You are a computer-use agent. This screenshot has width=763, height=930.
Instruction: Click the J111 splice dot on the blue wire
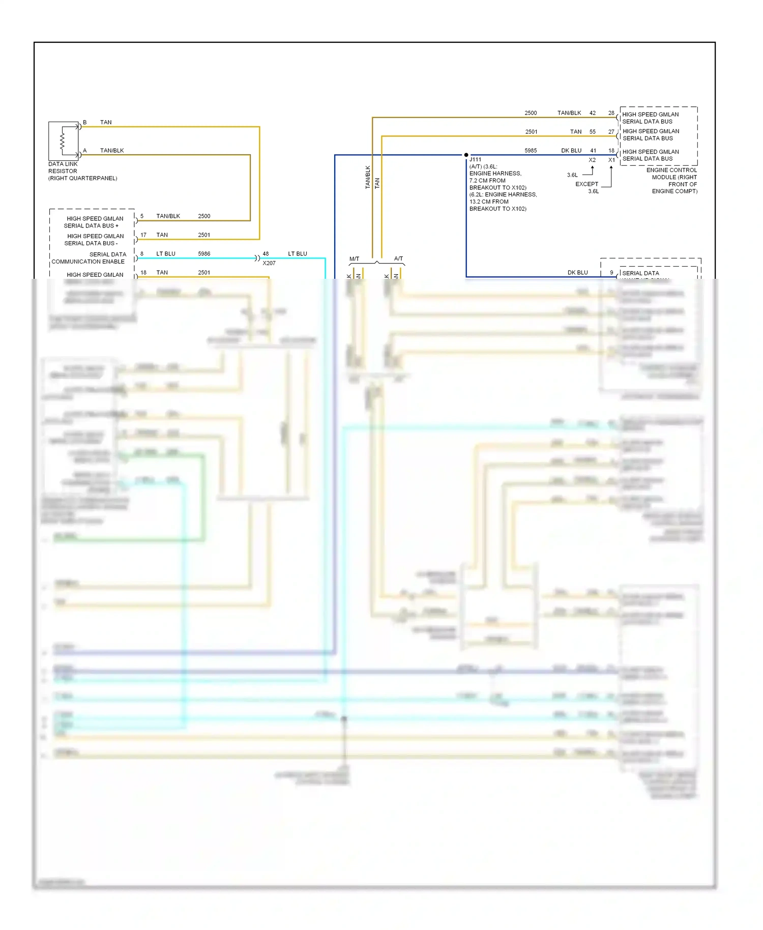[x=466, y=155]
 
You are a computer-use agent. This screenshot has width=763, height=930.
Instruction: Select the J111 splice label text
[x=475, y=160]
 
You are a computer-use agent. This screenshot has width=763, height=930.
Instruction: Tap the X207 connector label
[x=269, y=263]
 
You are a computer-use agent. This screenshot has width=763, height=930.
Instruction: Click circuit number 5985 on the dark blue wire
[x=531, y=151]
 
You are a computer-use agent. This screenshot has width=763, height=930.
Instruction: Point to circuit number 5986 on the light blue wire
[x=204, y=254]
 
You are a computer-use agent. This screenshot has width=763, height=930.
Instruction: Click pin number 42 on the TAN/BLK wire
[x=593, y=113]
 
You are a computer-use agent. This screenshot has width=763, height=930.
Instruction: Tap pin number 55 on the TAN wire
[x=593, y=132]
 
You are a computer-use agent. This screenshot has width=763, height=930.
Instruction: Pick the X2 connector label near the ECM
[x=592, y=160]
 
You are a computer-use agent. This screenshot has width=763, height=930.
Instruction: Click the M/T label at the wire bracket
[x=354, y=259]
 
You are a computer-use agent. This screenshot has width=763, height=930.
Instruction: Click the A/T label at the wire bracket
[x=398, y=259]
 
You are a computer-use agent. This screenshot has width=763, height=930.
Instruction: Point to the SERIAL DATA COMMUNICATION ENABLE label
[x=89, y=258]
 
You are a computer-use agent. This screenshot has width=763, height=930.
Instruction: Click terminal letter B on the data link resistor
[x=85, y=123]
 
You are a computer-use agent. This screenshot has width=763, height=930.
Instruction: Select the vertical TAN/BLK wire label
[x=368, y=178]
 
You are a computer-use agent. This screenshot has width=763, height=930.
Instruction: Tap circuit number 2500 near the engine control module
[x=531, y=113]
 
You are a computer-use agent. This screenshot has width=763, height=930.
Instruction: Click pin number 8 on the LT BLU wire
[x=142, y=254]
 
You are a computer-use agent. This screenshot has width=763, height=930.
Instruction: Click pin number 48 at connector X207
[x=266, y=254]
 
